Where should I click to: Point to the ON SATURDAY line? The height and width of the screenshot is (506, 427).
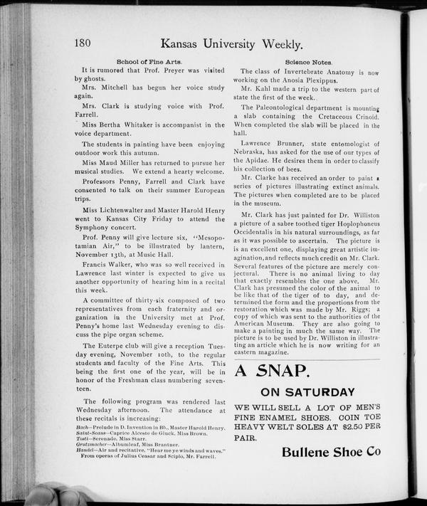307,392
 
